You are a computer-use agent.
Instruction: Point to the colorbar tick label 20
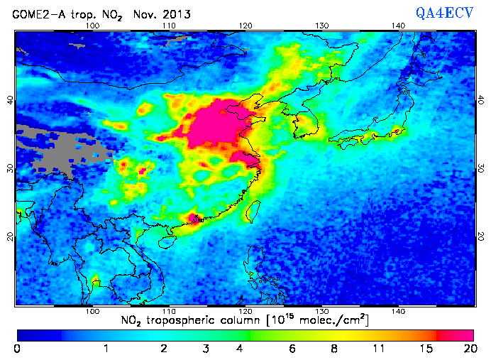click(x=468, y=349)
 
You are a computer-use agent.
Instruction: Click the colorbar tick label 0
click(x=17, y=349)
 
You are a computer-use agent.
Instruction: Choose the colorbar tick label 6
click(x=292, y=349)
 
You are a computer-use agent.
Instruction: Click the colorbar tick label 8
click(x=333, y=349)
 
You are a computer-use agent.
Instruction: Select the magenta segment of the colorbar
click(x=456, y=334)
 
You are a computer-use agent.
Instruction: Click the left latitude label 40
click(x=10, y=100)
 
